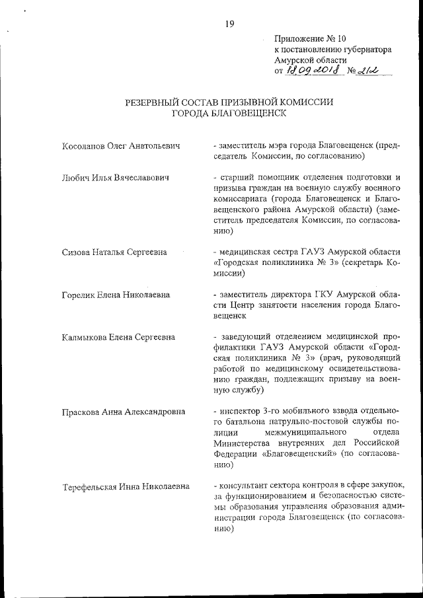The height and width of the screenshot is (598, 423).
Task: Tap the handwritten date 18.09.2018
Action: point(311,71)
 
